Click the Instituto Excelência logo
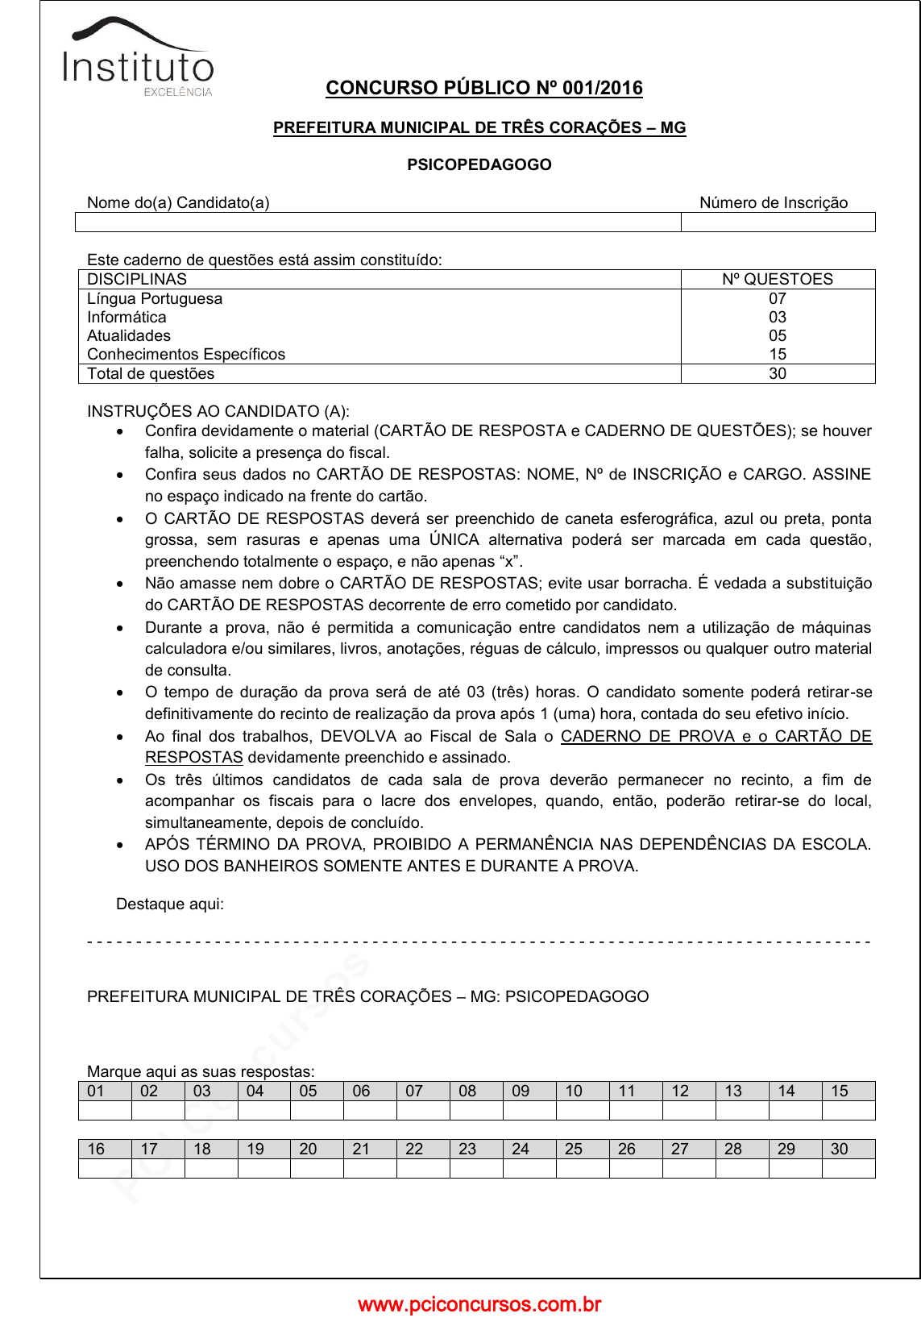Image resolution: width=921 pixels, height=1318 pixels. [x=139, y=58]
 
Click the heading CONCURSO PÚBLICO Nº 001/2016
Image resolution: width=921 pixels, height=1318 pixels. [x=484, y=88]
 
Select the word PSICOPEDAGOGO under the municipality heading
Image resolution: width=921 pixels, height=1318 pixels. [x=479, y=164]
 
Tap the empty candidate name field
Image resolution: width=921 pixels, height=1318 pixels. [x=378, y=222]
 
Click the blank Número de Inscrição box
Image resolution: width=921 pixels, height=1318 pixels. [x=778, y=222]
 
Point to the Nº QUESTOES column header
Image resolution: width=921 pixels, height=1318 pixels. [x=778, y=280]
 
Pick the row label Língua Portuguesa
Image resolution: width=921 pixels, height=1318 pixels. [x=155, y=298]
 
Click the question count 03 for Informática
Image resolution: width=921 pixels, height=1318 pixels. [x=778, y=317]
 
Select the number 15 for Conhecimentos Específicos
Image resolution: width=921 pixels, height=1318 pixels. [x=778, y=354]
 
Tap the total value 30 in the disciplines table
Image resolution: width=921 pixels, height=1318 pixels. [x=778, y=373]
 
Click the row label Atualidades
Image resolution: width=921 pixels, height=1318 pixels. [x=129, y=335]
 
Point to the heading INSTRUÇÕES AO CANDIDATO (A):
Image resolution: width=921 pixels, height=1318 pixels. [x=218, y=411]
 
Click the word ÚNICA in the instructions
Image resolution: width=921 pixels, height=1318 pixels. [x=454, y=539]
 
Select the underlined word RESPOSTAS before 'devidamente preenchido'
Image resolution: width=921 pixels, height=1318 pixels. [x=194, y=757]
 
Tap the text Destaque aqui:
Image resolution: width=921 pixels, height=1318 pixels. [x=170, y=904]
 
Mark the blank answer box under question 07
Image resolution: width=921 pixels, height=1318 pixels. [x=423, y=1110]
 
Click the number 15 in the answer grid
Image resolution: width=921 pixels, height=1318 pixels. [x=840, y=1091]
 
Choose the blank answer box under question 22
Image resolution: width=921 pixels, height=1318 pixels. [x=423, y=1168]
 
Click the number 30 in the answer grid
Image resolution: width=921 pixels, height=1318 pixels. [x=840, y=1149]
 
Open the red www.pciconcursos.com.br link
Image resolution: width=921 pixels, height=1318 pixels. [x=479, y=1303]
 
